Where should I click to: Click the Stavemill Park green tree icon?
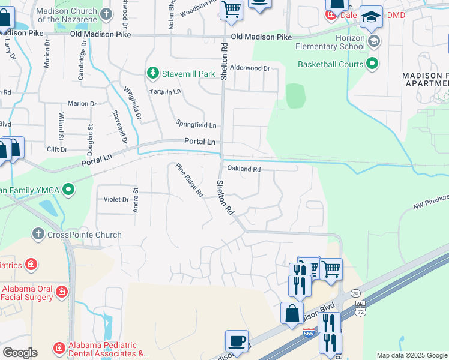153,73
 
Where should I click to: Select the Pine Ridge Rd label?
189,181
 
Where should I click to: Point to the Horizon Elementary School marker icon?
375,41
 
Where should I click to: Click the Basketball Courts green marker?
372,63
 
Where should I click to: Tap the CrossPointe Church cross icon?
38,235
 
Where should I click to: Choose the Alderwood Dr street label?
250,68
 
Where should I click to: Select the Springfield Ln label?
196,124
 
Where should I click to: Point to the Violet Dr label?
116,199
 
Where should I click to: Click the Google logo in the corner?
20,352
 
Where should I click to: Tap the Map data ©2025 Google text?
411,355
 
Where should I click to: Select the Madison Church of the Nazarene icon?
106,13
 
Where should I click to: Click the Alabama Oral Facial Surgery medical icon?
61,292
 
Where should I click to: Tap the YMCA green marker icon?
68,190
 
